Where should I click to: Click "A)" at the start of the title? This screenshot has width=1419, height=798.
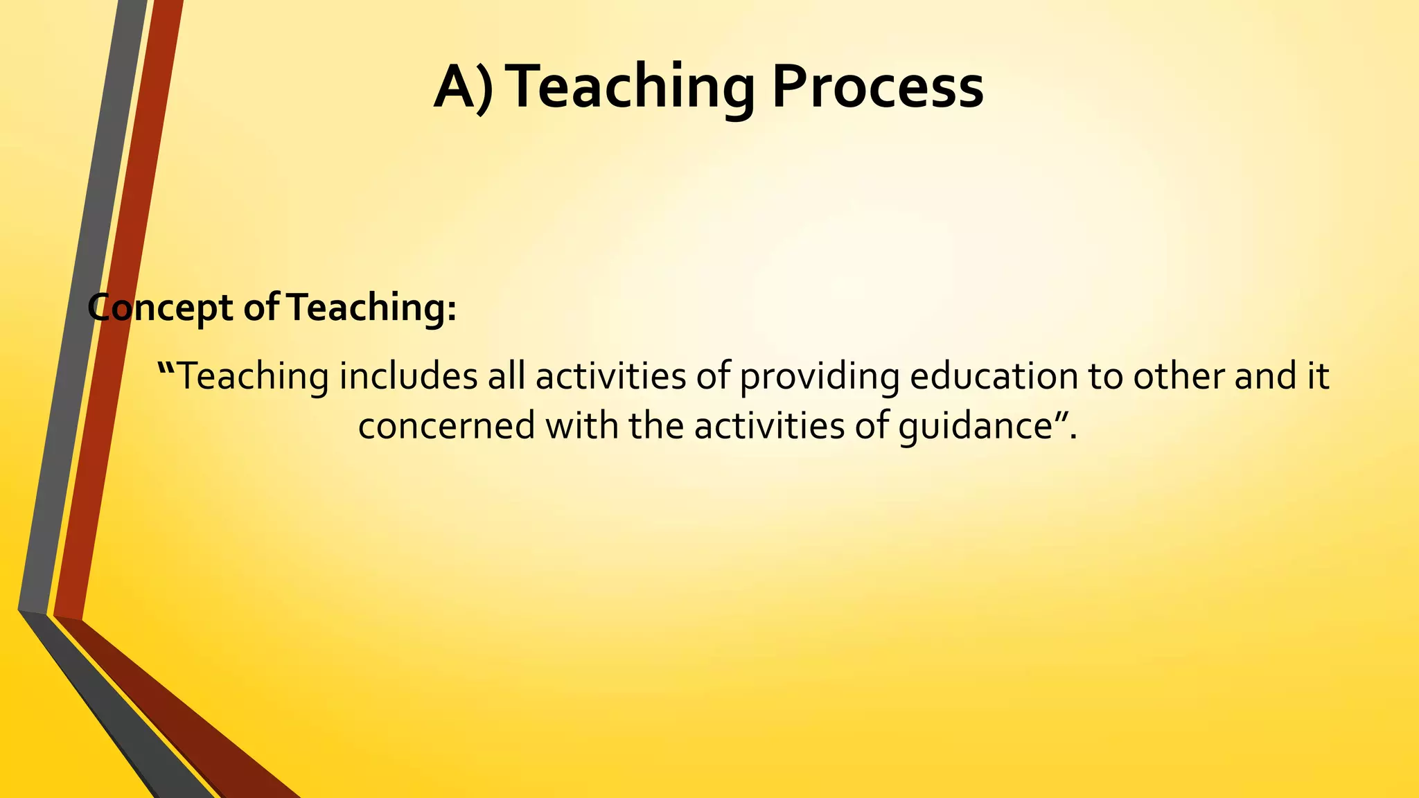coord(464,87)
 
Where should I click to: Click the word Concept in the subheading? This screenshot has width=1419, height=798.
coord(160,308)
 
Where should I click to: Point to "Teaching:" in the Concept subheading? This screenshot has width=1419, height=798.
coord(371,308)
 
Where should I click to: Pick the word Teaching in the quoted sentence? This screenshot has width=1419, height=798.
coord(254,378)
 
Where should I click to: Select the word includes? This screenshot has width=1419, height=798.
coord(408,378)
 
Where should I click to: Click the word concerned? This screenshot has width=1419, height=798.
coord(446,426)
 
